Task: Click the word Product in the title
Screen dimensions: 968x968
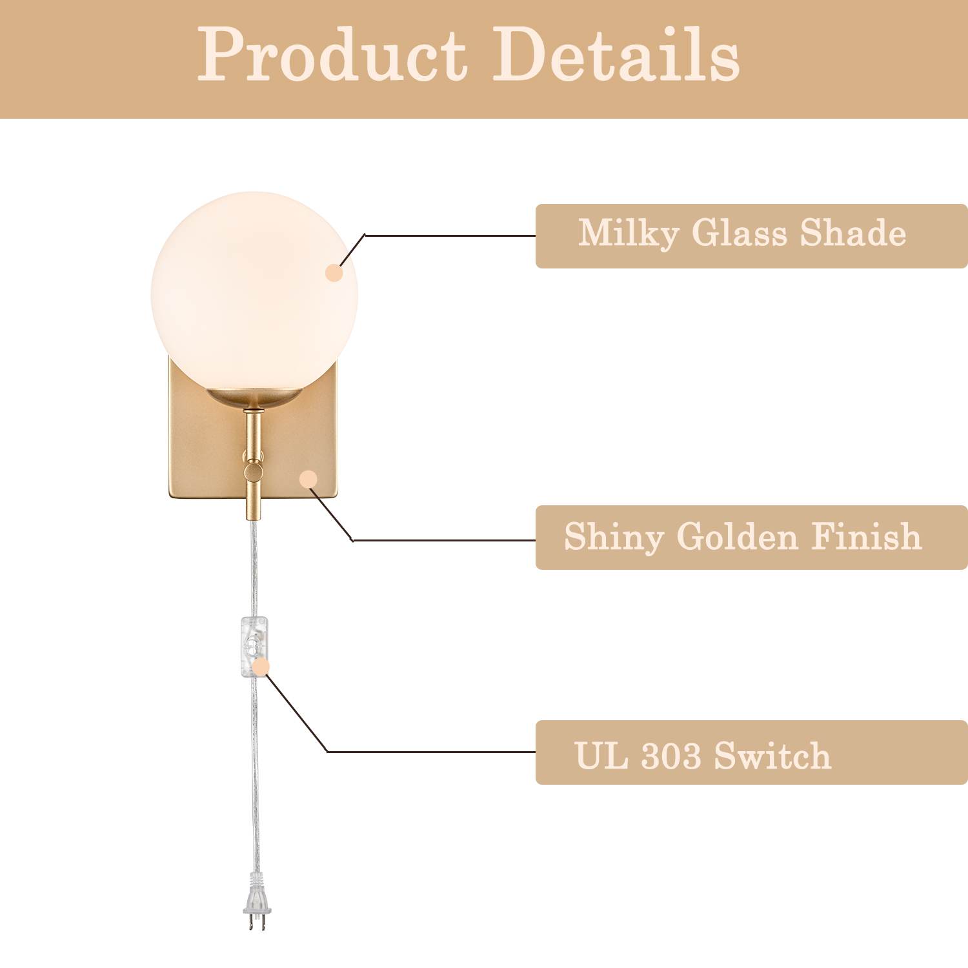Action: (332, 55)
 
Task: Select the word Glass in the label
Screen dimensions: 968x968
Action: (740, 233)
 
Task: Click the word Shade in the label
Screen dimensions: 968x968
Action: (853, 233)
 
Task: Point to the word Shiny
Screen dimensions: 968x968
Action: (614, 538)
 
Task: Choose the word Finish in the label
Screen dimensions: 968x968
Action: (866, 536)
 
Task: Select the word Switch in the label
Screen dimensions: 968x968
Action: (772, 756)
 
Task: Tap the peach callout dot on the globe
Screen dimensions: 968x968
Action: (334, 272)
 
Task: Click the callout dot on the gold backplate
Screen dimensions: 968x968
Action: (309, 479)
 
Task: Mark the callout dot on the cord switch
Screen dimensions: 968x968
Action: (261, 667)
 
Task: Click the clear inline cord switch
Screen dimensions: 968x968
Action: (254, 647)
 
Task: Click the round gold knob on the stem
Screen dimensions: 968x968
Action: (254, 472)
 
